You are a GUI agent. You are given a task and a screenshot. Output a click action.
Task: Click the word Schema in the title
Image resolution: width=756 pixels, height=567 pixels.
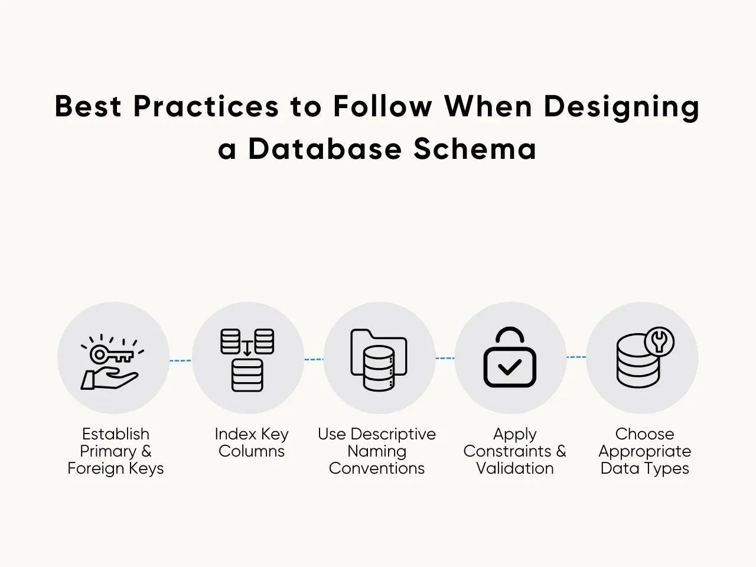[x=475, y=149]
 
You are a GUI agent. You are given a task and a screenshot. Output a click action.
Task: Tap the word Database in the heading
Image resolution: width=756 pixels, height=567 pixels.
[x=325, y=149]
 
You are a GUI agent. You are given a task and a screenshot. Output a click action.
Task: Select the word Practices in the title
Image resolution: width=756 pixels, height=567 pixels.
[x=206, y=106]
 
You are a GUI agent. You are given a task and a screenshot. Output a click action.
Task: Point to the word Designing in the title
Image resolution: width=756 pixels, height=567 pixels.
[x=622, y=107]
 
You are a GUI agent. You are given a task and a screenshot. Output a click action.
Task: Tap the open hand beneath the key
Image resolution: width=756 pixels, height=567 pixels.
[x=109, y=379]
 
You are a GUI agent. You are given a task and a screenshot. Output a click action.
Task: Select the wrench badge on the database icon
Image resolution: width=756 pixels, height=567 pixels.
[x=659, y=342]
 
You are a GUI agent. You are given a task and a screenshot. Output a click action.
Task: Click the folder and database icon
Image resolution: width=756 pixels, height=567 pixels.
[x=379, y=360]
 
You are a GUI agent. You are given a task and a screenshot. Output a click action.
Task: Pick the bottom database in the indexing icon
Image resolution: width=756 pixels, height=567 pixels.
[x=247, y=375]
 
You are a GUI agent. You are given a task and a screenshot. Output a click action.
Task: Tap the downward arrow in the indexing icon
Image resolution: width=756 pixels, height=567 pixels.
[x=247, y=348]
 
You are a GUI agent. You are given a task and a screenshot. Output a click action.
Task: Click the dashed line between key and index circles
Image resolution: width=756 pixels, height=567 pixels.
[x=181, y=360]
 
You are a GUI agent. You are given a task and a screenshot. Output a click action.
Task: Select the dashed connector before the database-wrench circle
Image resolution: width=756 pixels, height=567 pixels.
[x=576, y=357]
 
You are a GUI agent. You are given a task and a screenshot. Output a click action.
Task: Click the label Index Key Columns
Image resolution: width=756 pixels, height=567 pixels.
[x=252, y=442]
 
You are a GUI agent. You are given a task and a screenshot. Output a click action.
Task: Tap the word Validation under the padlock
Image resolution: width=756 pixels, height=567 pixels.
[x=515, y=468]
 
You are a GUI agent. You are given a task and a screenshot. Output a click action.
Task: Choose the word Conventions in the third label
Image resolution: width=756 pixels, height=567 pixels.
[x=377, y=468]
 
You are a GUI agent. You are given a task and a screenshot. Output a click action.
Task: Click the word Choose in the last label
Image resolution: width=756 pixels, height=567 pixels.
[x=645, y=434]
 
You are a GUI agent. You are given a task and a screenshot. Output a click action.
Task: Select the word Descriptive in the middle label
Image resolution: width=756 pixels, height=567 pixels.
[x=393, y=435]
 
